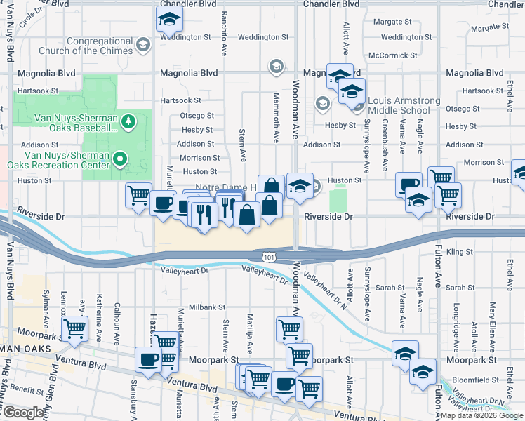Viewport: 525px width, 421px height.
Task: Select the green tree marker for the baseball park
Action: click(x=128, y=123)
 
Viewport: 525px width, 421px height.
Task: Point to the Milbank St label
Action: click(x=207, y=307)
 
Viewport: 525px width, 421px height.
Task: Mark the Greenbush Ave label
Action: click(x=385, y=149)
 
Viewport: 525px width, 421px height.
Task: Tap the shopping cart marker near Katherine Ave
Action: click(x=74, y=327)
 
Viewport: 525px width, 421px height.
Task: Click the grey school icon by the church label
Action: click(x=143, y=45)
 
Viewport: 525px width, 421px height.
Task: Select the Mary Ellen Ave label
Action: click(x=493, y=319)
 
